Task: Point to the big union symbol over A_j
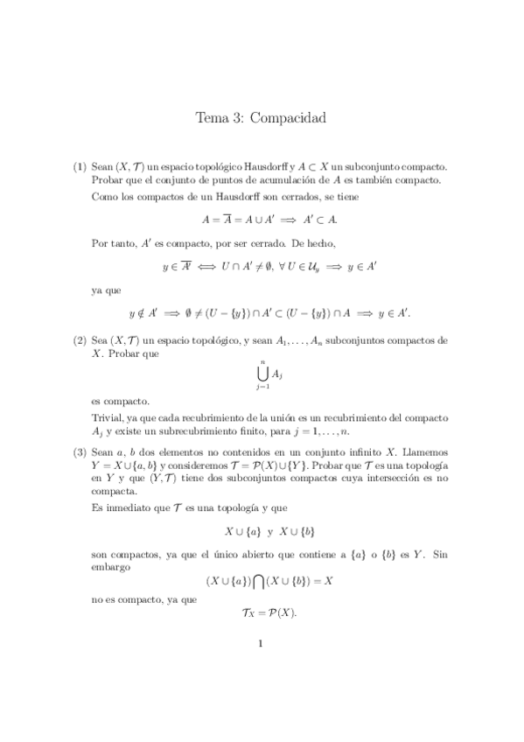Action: point(261,374)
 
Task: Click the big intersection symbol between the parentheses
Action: point(263,580)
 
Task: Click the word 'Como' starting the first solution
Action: point(105,196)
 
